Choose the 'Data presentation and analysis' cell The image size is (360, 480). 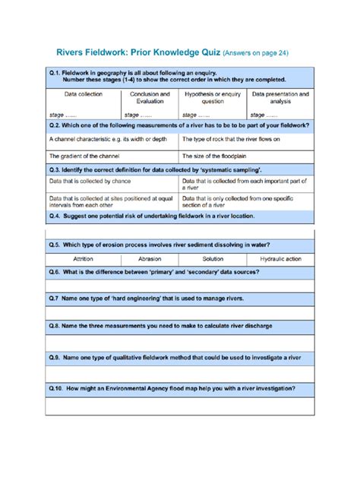click(x=279, y=98)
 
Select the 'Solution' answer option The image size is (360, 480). click(x=213, y=259)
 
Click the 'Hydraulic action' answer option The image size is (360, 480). click(x=280, y=259)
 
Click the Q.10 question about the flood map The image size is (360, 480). click(x=171, y=387)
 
